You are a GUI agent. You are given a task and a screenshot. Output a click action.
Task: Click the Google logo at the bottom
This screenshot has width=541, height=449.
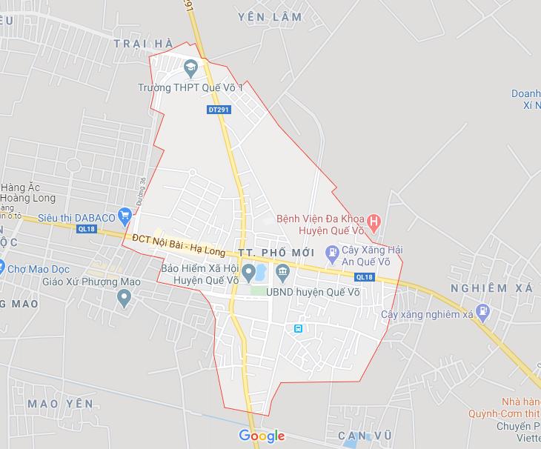click(x=262, y=436)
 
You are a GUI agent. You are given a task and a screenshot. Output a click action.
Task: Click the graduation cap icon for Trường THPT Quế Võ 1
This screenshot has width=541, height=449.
click(x=190, y=70)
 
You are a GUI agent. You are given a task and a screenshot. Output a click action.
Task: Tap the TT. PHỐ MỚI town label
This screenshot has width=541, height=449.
click(x=277, y=253)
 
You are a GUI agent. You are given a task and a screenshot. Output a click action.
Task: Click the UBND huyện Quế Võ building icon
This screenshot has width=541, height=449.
click(x=282, y=274)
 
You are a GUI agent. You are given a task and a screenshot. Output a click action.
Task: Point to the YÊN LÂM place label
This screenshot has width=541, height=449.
click(x=270, y=16)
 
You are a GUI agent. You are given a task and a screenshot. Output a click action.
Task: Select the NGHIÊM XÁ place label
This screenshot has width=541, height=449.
click(x=491, y=287)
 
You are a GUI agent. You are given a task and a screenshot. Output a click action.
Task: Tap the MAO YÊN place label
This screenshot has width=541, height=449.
click(x=60, y=403)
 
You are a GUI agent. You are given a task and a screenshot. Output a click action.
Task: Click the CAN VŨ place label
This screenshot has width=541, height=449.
click(x=364, y=434)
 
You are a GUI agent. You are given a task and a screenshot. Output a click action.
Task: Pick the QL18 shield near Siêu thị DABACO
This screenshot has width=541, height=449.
click(x=87, y=229)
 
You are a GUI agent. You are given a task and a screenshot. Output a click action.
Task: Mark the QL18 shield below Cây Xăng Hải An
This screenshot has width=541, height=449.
click(x=363, y=277)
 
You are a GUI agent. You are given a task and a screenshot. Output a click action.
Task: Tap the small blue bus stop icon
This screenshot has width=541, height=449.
click(x=299, y=328)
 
